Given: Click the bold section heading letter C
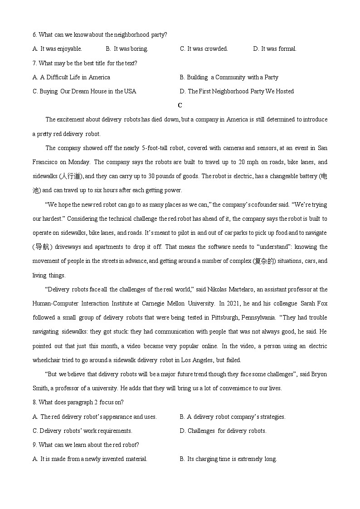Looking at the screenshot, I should tap(180, 105).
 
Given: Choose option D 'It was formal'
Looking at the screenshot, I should tap(275, 48).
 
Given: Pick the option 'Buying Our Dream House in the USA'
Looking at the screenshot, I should tap(84, 91).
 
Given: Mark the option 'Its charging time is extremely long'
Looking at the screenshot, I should tap(228, 459).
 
